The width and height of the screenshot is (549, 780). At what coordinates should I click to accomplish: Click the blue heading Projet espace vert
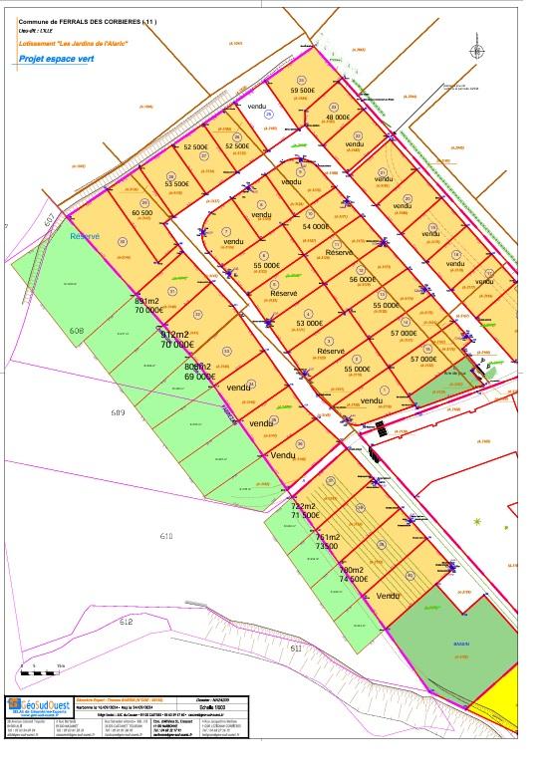pyautogui.click(x=57, y=60)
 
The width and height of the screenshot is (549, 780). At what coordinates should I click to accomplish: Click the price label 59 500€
pyautogui.click(x=303, y=90)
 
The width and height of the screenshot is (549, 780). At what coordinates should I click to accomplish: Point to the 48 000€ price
pyautogui.click(x=339, y=118)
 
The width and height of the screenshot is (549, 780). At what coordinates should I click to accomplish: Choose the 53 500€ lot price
pyautogui.click(x=177, y=183)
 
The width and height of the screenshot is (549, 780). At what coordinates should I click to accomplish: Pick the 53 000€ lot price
pyautogui.click(x=312, y=323)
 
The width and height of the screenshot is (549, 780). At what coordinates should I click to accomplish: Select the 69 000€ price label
pyautogui.click(x=200, y=377)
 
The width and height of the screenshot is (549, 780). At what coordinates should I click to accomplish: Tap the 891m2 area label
pyautogui.click(x=147, y=300)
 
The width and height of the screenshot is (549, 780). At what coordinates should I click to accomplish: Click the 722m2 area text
pyautogui.click(x=303, y=506)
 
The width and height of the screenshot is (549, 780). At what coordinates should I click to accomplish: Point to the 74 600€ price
pyautogui.click(x=354, y=578)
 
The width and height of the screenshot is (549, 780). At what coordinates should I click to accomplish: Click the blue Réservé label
pyautogui.click(x=86, y=237)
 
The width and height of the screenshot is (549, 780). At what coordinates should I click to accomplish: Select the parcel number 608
pyautogui.click(x=77, y=330)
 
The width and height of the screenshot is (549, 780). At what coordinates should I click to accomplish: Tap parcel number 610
pyautogui.click(x=166, y=536)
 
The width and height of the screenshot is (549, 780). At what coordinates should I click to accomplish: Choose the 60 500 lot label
pyautogui.click(x=142, y=212)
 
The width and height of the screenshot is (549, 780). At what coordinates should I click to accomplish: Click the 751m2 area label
pyautogui.click(x=328, y=537)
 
